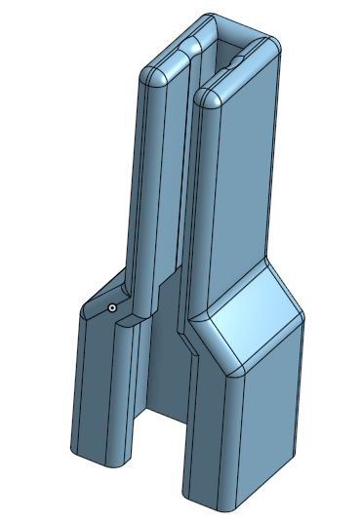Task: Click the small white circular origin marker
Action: point(112,307)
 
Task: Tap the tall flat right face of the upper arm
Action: point(246,176)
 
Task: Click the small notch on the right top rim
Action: point(238,60)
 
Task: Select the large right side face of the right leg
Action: point(268,420)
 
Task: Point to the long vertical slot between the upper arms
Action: point(187,195)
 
